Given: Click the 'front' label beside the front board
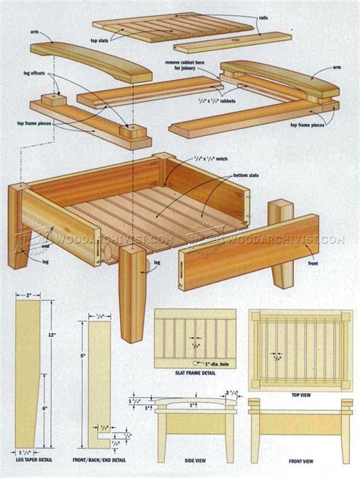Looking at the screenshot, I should pyautogui.click(x=313, y=264).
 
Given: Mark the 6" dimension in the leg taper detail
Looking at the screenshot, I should pyautogui.click(x=45, y=409).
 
